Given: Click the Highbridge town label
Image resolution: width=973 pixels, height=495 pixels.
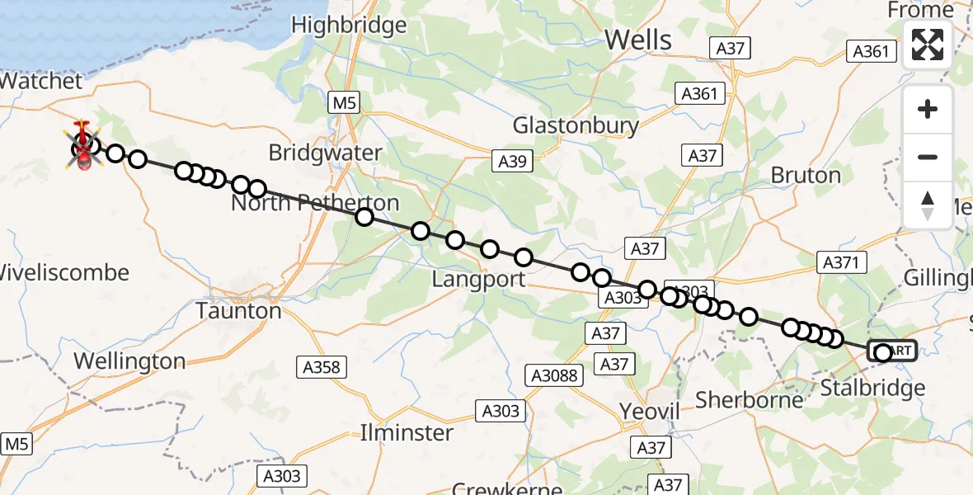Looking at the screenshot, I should [349, 26].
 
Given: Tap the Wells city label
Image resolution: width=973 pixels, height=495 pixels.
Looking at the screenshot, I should [638, 39].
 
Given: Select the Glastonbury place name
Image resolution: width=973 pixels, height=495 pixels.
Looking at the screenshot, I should [576, 125].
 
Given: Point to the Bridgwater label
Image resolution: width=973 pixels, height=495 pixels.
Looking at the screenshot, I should [326, 153].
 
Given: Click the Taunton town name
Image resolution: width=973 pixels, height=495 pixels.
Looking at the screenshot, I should [239, 311].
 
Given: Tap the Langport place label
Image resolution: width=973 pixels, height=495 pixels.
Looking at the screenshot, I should [478, 280].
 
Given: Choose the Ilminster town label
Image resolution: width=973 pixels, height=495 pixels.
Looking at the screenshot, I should [407, 432].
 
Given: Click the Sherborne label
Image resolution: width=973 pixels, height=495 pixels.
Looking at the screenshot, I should [750, 400].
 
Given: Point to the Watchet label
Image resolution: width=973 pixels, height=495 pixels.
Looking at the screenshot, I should [41, 81].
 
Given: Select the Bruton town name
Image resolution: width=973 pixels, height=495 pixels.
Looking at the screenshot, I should [806, 175].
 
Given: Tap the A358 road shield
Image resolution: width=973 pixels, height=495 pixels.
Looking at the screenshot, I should [322, 367].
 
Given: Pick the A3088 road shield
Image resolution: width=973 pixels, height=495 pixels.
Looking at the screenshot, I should [553, 376].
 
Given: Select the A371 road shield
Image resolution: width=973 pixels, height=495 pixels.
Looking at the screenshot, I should [843, 263].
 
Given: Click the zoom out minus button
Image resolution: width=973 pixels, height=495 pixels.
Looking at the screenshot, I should [928, 157].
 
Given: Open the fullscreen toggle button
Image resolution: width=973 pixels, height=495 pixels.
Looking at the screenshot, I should [928, 45].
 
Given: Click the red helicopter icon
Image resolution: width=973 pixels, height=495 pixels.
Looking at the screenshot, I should [83, 147].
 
